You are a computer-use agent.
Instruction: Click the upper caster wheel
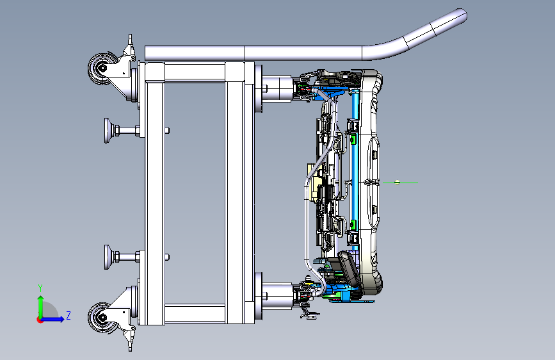(x=102, y=69)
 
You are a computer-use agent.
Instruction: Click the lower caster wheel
(x=102, y=318)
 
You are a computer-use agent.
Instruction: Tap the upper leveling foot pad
(x=108, y=131)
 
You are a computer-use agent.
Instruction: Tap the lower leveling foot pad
(x=108, y=257)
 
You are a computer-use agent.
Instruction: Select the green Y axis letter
(x=40, y=288)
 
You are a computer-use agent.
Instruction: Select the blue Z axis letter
(x=68, y=315)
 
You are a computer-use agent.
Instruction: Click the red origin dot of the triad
(x=40, y=320)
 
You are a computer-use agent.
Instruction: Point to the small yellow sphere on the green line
(x=397, y=183)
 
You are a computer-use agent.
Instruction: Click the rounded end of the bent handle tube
(x=462, y=15)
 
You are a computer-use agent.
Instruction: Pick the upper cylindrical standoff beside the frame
(x=277, y=88)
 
